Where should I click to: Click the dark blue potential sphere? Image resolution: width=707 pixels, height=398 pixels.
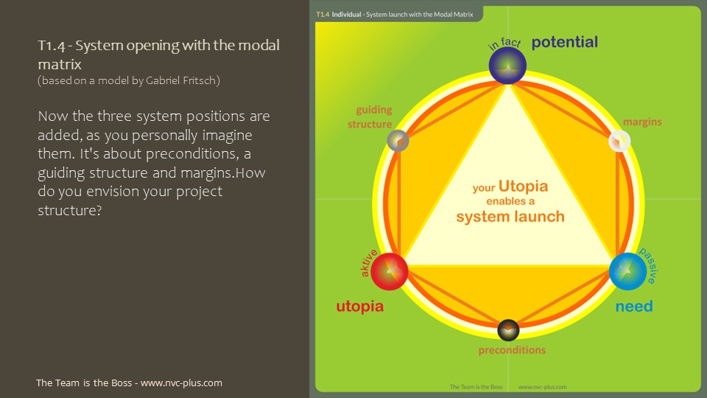(x=508, y=65)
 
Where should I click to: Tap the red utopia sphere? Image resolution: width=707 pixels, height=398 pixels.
(x=389, y=270)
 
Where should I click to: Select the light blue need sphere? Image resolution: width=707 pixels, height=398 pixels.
(x=628, y=270)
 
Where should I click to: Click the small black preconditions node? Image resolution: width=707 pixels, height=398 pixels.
(x=509, y=329)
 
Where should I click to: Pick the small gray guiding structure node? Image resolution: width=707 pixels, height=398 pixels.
(x=398, y=139)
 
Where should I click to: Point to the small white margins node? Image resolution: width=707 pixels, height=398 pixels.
(x=620, y=140)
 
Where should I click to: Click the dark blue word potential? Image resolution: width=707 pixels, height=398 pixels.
(x=564, y=42)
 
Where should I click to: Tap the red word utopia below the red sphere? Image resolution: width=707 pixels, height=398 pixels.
(x=359, y=306)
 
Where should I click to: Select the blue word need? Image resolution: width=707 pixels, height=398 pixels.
(x=634, y=306)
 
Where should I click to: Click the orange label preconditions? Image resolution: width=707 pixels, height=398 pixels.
(x=512, y=350)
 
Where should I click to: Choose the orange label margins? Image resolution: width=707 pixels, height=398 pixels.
(x=642, y=121)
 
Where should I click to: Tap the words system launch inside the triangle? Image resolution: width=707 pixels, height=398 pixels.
(x=510, y=217)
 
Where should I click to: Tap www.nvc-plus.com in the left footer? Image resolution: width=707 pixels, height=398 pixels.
(x=181, y=383)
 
